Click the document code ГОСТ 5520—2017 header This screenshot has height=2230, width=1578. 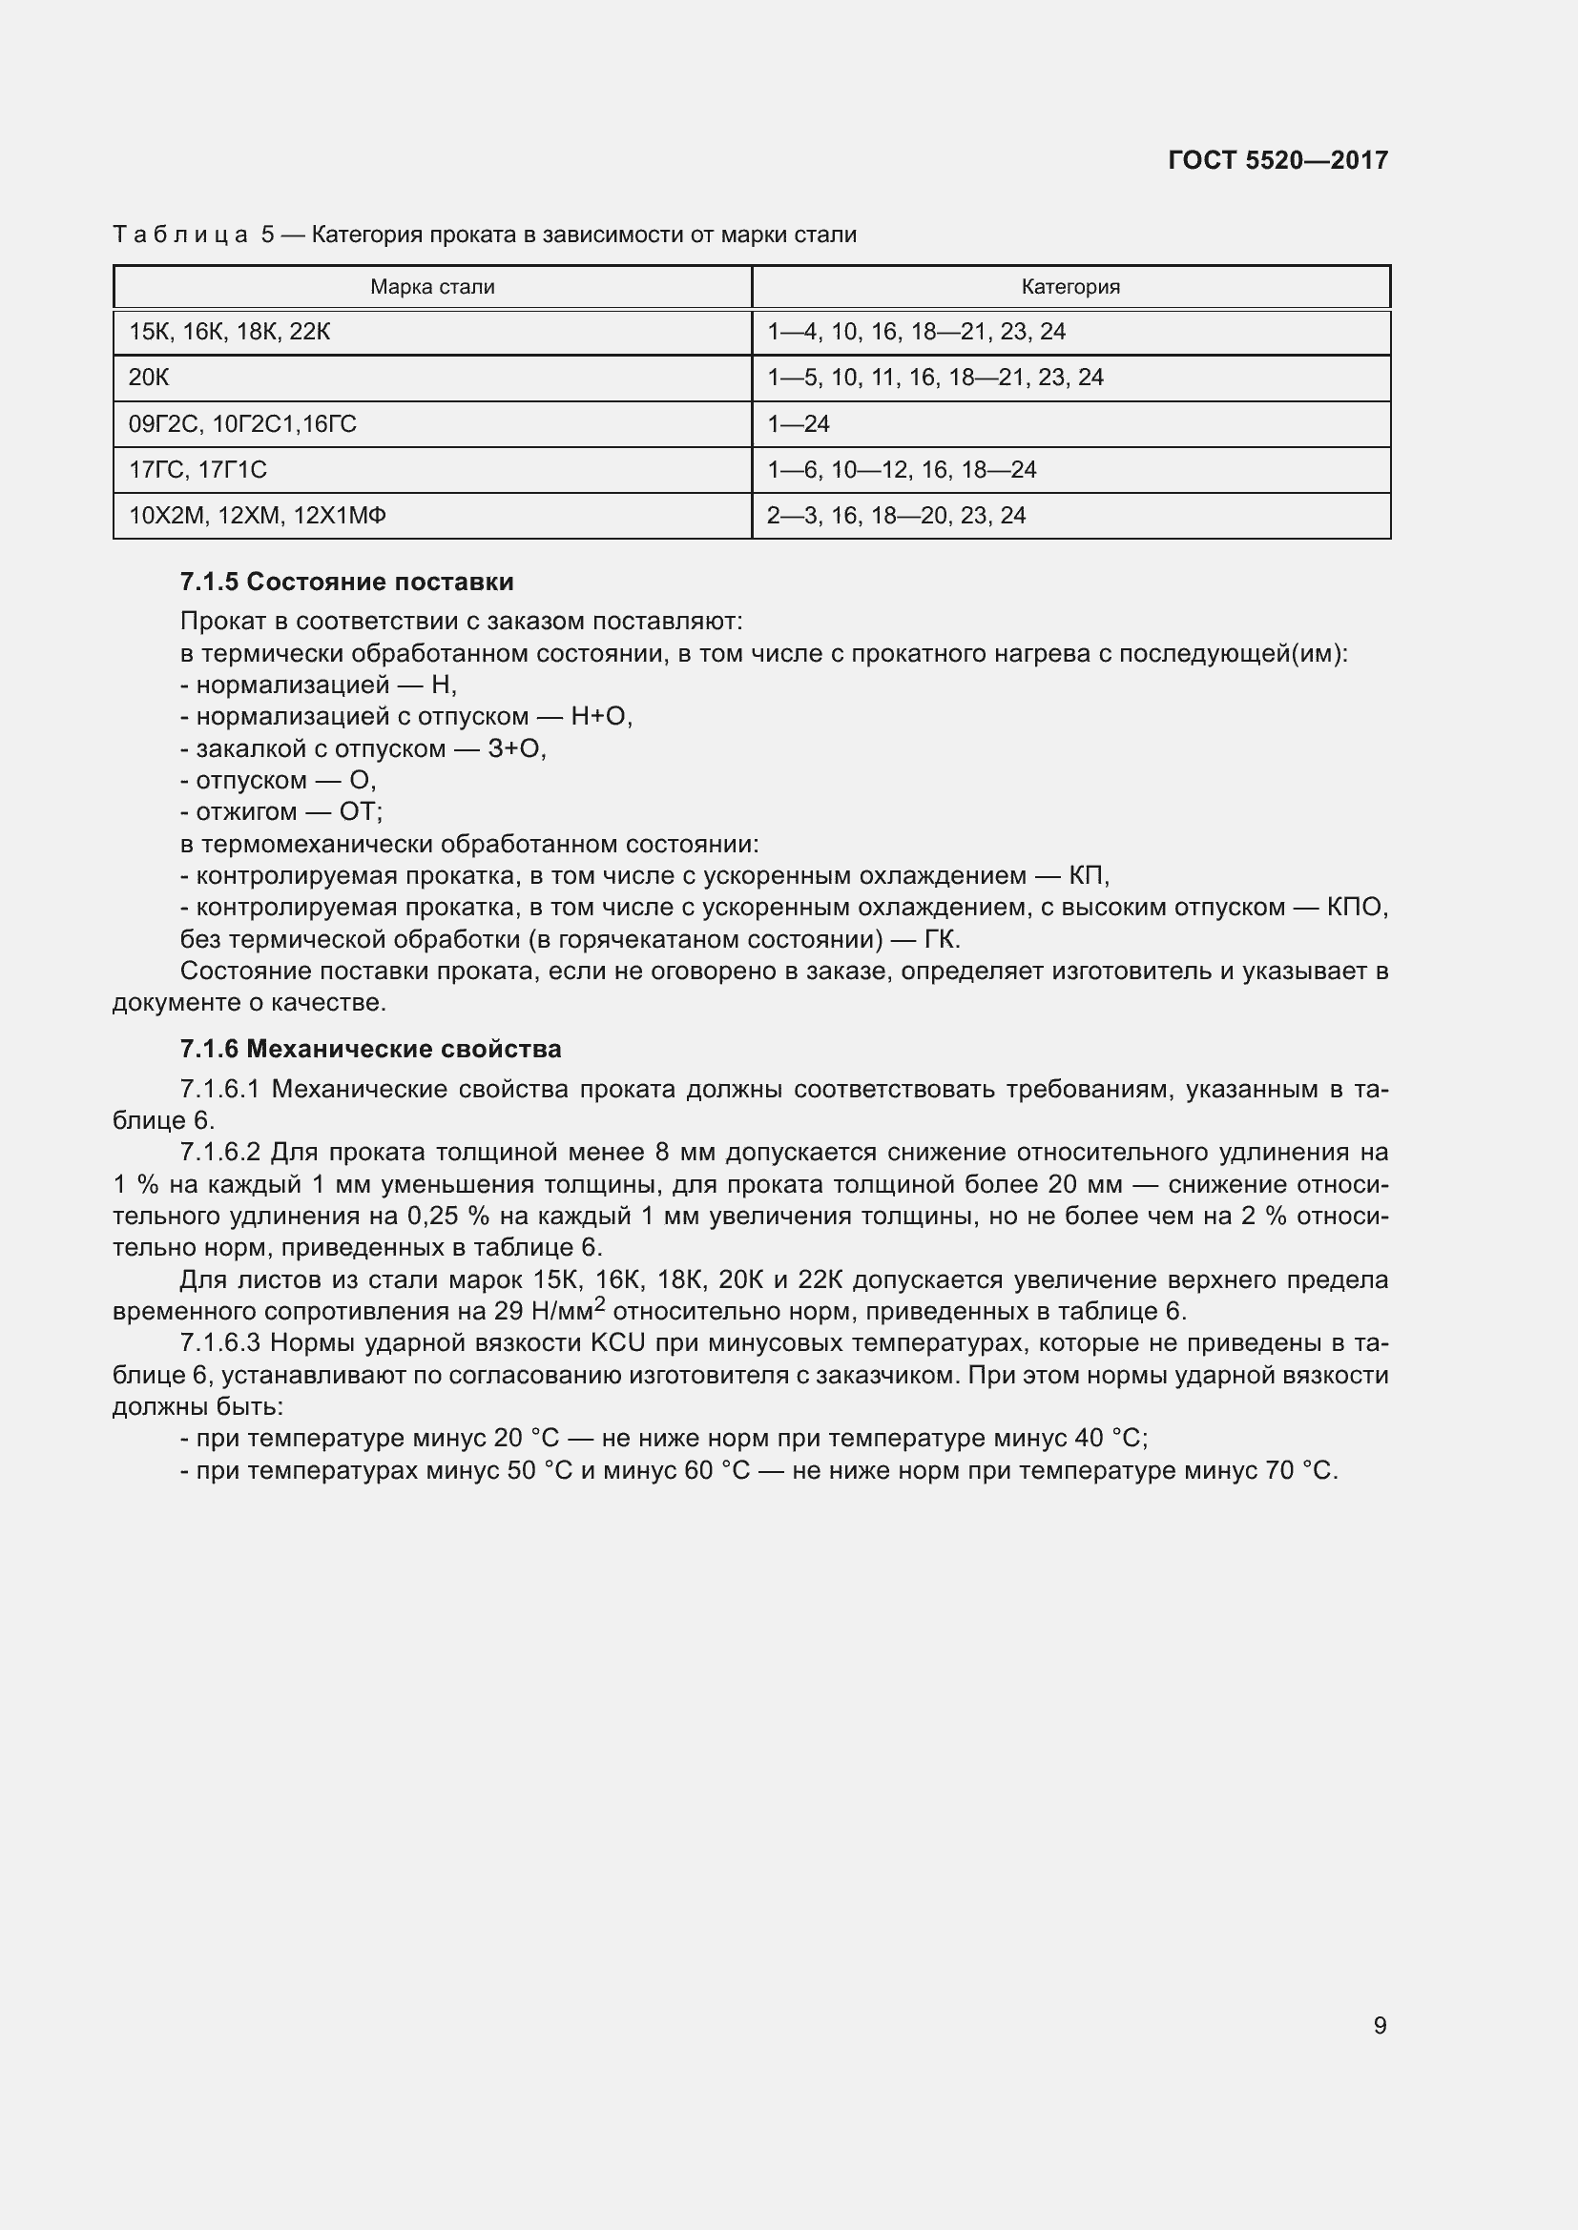coord(1277,160)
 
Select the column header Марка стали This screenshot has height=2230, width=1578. coord(432,288)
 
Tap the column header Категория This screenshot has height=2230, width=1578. coord(1069,288)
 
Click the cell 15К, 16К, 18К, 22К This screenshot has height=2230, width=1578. coord(229,332)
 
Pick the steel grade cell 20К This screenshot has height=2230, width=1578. coord(149,378)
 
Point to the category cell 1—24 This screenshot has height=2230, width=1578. coord(799,424)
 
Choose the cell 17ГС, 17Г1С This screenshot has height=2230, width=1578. coord(197,470)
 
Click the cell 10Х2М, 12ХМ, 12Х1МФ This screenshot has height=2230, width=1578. coord(258,516)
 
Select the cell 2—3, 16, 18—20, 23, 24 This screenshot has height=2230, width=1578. coord(896,516)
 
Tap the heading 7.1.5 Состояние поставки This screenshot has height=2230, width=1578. coord(347,582)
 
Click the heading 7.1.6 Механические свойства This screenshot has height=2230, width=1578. coord(370,1049)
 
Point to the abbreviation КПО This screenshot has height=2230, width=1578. coord(1357,907)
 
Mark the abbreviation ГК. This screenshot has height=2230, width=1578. coord(942,939)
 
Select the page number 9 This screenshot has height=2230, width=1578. coord(1380,2025)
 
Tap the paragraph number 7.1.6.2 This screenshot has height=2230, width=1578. coord(220,1152)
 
